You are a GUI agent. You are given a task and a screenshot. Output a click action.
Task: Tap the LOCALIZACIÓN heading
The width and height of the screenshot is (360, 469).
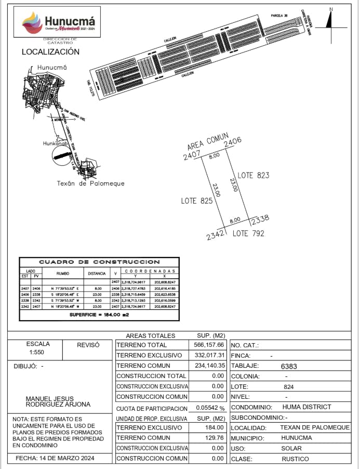click(50, 52)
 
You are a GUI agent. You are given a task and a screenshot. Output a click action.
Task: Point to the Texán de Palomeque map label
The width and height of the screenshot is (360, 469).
click(90, 184)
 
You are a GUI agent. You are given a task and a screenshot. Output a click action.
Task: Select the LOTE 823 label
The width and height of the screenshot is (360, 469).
click(253, 175)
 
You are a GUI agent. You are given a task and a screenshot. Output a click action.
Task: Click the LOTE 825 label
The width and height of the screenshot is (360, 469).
click(196, 201)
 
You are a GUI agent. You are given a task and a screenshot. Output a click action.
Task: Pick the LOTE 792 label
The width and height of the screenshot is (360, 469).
click(248, 233)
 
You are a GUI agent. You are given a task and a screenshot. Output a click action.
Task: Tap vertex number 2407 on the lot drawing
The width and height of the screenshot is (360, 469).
click(192, 155)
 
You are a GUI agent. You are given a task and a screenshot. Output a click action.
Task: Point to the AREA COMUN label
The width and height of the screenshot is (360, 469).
click(207, 141)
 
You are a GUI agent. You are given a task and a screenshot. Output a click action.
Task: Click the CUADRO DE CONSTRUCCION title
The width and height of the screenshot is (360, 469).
click(99, 262)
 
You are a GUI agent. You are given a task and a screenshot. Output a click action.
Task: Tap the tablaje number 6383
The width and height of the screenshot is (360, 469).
click(289, 366)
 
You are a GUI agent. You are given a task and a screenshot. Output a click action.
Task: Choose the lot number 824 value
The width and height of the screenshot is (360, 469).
click(289, 387)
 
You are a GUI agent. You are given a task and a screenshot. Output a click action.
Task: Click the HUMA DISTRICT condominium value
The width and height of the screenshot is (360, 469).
click(306, 407)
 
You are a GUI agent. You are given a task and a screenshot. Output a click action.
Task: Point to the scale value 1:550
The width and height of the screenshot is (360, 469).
click(38, 353)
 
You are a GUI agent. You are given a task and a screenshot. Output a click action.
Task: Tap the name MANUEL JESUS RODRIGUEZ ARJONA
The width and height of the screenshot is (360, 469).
click(58, 401)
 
